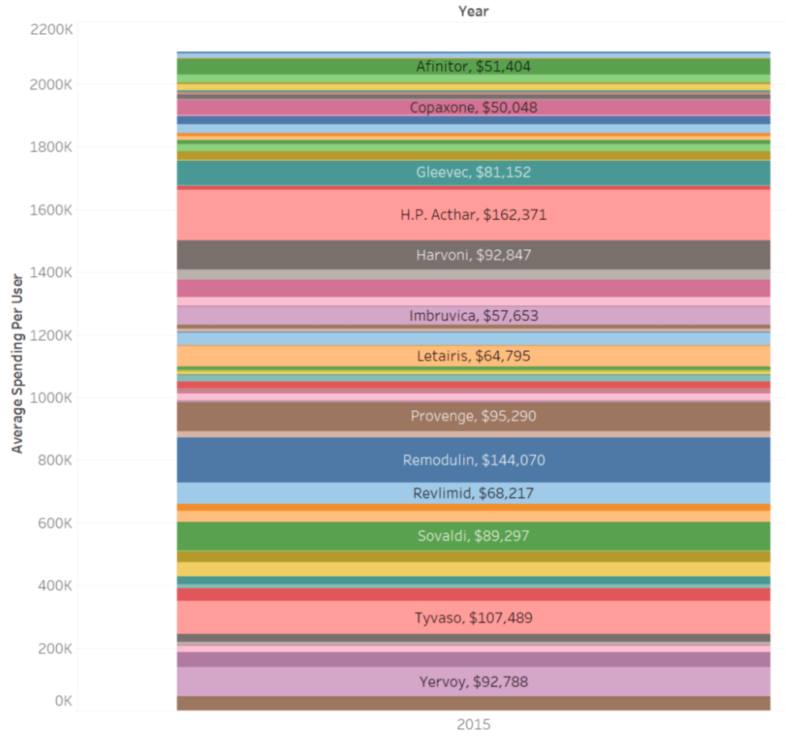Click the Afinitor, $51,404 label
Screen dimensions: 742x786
coord(474,67)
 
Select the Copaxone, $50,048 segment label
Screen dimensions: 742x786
coord(474,108)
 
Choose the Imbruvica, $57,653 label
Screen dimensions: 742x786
coord(474,316)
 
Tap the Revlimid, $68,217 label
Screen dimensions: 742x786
coord(474,493)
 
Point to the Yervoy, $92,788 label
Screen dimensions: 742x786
coord(474,681)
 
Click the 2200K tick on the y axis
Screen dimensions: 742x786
coord(51,30)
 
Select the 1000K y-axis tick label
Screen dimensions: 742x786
coord(51,398)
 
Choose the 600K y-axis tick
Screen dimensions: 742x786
coord(55,524)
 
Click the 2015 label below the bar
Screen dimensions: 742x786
coord(474,724)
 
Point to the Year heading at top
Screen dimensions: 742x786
coord(474,11)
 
